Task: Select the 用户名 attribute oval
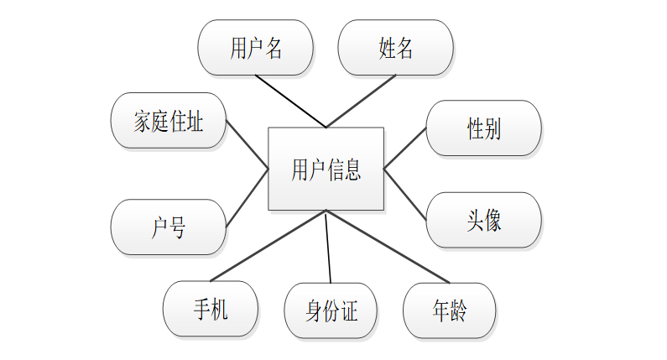tap(255, 48)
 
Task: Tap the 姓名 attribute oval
tap(395, 48)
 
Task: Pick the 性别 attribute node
tap(483, 128)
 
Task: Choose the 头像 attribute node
tap(483, 220)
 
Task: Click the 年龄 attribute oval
tap(449, 310)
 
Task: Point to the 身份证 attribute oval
tap(331, 311)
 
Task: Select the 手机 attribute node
tap(210, 309)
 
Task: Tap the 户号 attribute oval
tap(168, 227)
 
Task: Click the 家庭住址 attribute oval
tap(168, 123)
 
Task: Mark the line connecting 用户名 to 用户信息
tap(290, 102)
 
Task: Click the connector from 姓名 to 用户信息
tap(361, 102)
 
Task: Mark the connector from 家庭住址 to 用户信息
tap(248, 144)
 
